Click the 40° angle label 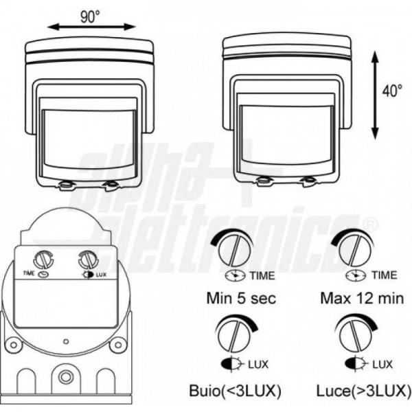392,91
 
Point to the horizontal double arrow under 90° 91,27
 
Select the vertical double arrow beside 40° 375,95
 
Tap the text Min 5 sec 241,298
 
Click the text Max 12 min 362,298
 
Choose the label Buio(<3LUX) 235,391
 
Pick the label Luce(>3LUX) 364,391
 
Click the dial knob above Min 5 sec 234,250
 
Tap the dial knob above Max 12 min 355,250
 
